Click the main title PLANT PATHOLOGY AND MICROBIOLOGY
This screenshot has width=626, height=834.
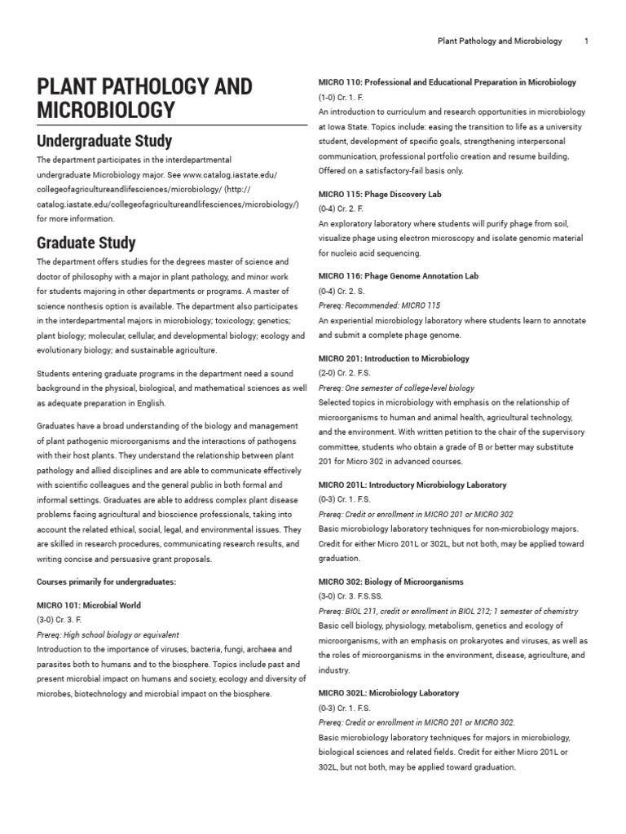144,98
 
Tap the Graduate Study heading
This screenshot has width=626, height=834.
86,243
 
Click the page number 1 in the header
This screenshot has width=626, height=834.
586,41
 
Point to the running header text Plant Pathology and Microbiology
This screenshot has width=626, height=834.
500,41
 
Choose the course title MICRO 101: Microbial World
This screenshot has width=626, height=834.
89,605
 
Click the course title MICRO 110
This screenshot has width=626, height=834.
447,82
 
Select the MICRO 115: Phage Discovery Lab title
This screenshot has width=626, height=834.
380,194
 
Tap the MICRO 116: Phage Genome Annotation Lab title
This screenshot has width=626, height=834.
398,276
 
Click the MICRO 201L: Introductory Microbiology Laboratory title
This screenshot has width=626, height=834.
412,485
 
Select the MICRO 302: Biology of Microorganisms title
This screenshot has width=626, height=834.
390,582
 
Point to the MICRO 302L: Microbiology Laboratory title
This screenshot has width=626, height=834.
389,693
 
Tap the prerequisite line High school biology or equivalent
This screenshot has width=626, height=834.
108,634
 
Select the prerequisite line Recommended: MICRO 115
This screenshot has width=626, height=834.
379,305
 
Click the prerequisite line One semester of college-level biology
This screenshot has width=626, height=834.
396,388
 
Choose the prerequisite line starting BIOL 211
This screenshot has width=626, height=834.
448,611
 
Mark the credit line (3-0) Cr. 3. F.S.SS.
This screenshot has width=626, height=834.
350,596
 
